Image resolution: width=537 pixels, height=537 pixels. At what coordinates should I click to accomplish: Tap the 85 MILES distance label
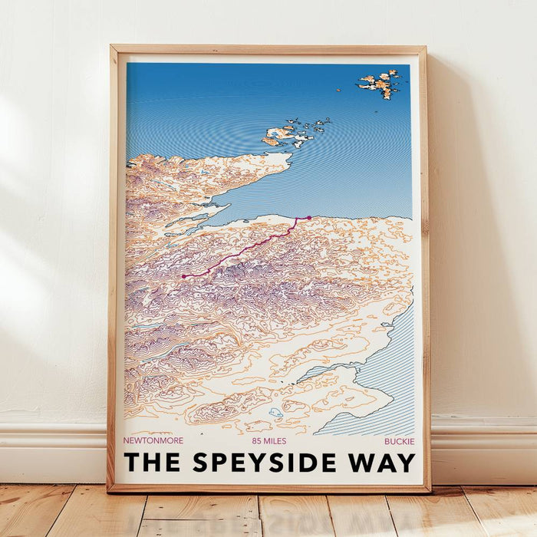click(x=268, y=441)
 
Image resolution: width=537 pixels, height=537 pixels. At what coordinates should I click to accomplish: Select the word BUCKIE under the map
click(x=399, y=441)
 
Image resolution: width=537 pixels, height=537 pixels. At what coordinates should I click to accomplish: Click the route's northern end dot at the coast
click(x=308, y=218)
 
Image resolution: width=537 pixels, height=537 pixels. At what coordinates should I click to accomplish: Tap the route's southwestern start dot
click(x=183, y=275)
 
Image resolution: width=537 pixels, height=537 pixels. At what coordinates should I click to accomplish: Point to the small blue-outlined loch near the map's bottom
click(x=275, y=413)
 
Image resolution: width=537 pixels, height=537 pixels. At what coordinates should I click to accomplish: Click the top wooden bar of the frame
click(x=268, y=49)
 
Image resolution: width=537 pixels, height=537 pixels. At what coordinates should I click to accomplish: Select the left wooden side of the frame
click(x=114, y=268)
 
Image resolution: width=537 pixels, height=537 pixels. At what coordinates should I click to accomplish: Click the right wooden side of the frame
click(x=423, y=268)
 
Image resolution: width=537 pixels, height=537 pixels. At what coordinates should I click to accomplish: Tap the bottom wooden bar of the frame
click(x=268, y=487)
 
